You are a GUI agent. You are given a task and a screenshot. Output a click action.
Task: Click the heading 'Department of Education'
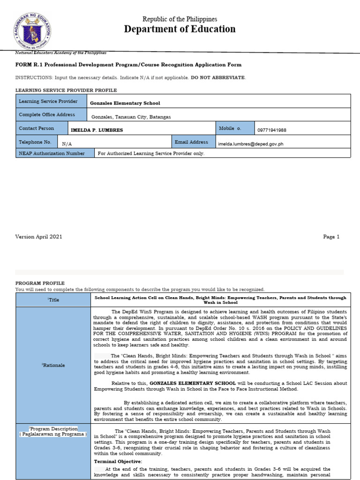point(180,29)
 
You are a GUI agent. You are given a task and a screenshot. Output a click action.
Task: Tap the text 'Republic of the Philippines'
point(180,19)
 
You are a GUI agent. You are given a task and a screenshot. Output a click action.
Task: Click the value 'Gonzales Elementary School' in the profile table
point(125,103)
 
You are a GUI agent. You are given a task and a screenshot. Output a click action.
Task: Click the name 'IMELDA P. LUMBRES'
point(97,130)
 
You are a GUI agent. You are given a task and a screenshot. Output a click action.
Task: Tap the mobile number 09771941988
point(271,130)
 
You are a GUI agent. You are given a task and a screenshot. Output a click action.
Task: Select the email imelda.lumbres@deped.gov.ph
point(251,144)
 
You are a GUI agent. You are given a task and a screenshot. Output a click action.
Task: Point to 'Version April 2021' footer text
point(38,237)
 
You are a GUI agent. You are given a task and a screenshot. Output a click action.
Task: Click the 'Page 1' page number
point(331,237)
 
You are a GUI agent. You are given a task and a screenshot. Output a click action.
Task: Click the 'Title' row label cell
point(53,300)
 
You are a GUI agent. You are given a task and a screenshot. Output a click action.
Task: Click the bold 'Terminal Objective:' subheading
point(118,462)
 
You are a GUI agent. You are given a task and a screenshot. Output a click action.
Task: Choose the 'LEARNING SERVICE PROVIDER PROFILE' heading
point(66,90)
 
